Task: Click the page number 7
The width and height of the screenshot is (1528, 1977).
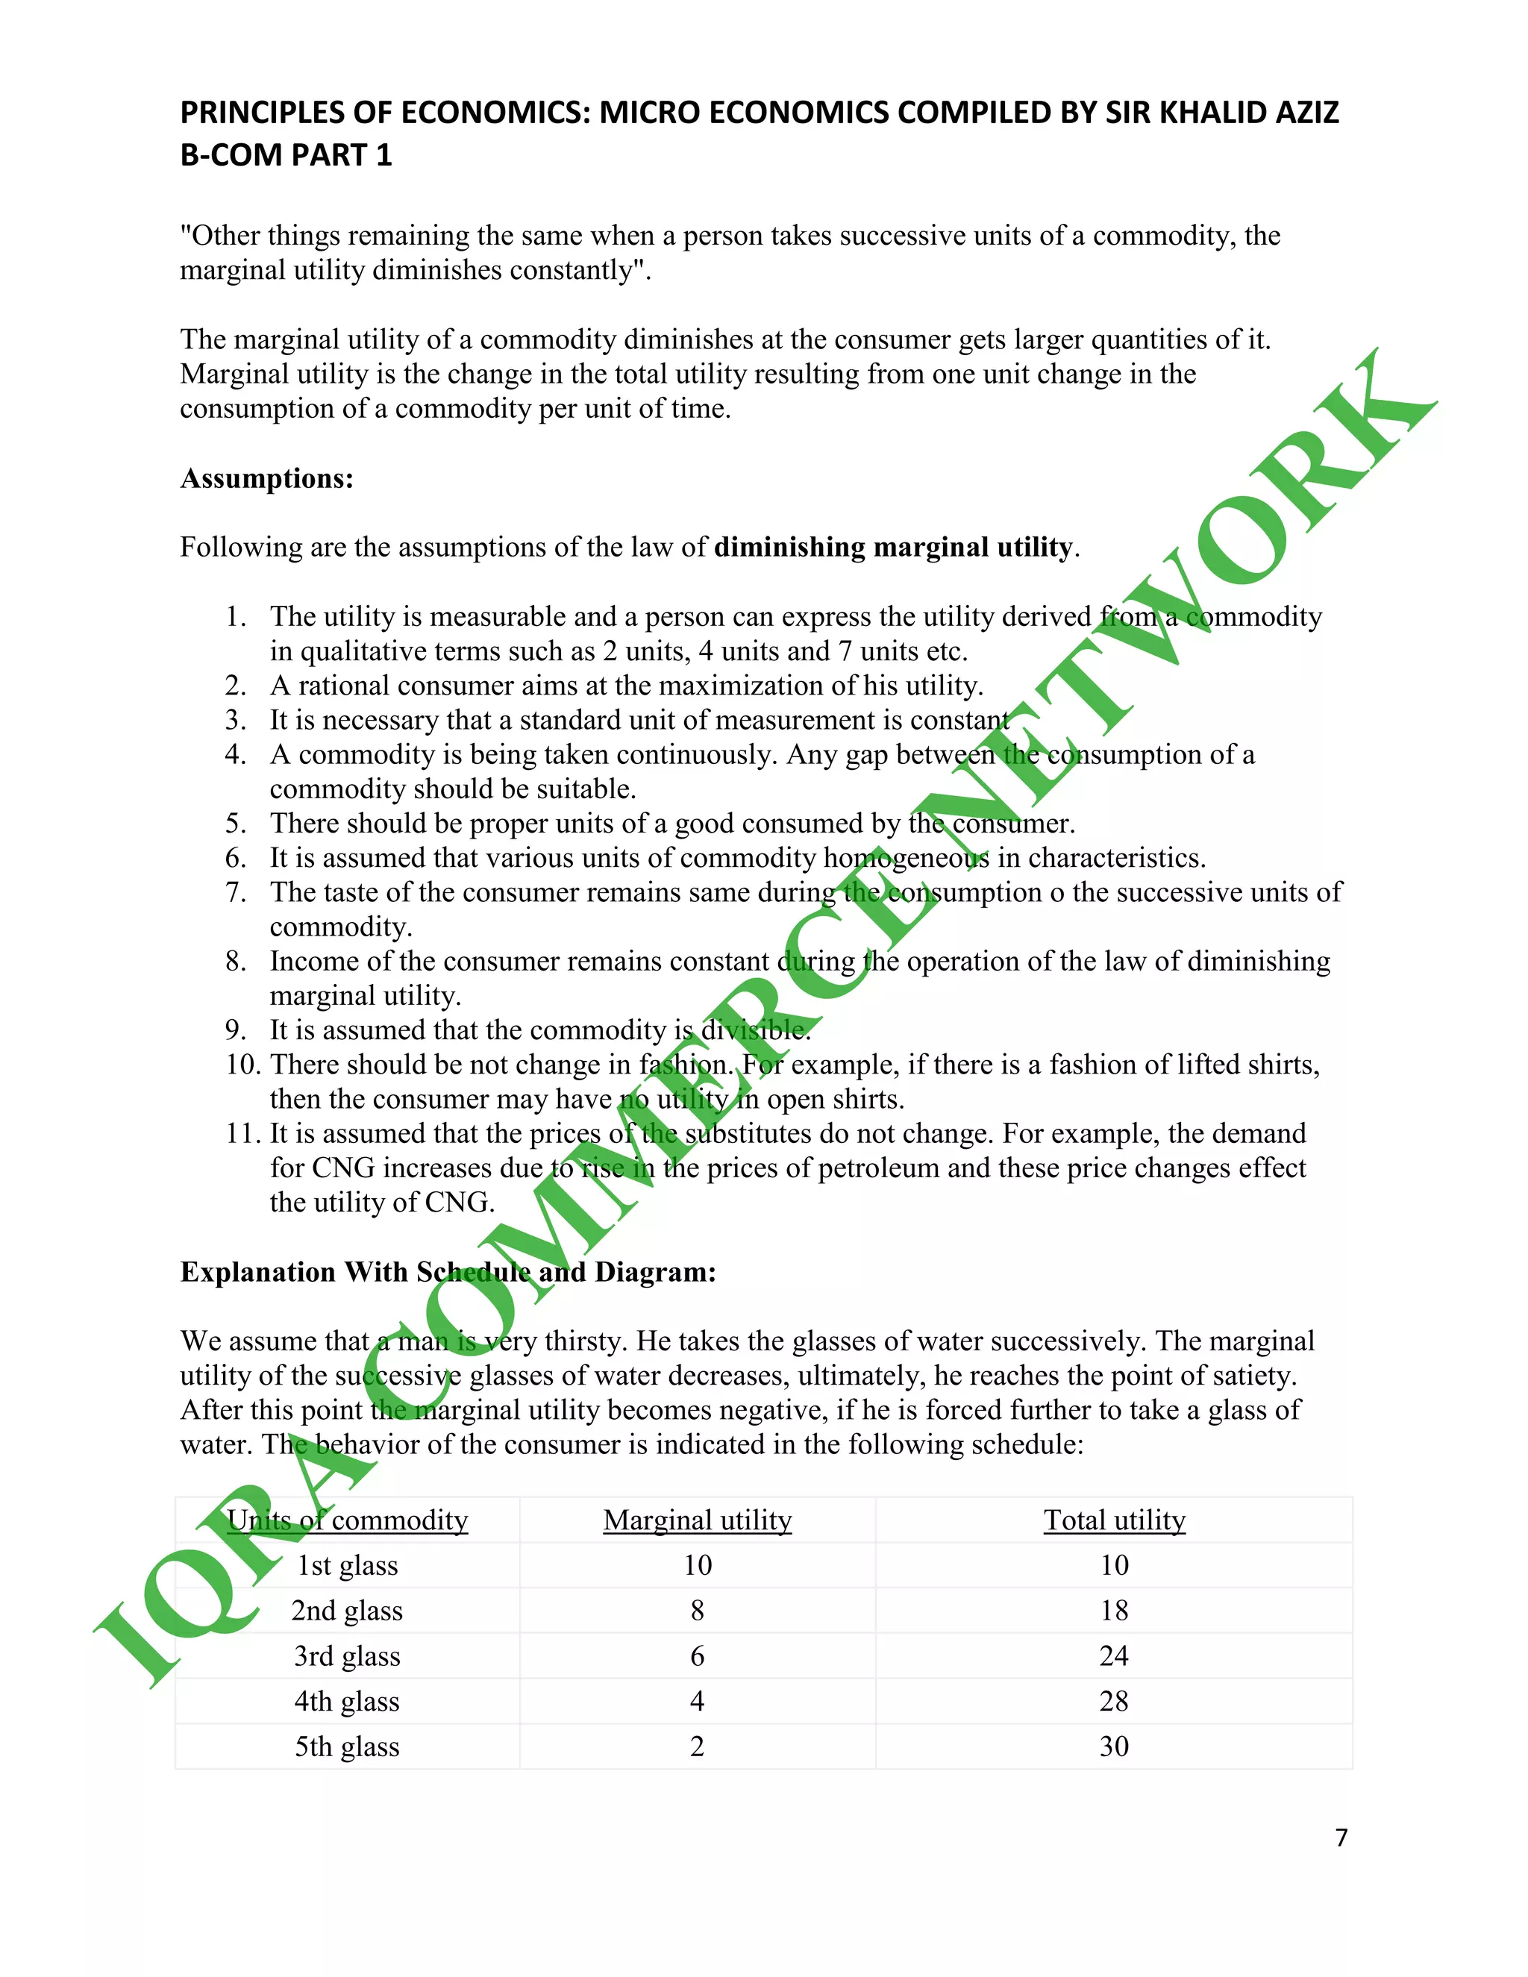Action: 1341,1837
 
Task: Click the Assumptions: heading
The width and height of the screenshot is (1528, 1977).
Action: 267,478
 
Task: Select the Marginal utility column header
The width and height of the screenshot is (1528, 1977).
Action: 697,1520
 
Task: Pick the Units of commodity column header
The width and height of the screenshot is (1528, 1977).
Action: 347,1520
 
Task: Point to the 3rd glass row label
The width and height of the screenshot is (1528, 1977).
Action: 347,1655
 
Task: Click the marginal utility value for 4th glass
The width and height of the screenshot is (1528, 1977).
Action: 697,1701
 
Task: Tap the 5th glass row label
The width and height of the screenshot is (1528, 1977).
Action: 347,1746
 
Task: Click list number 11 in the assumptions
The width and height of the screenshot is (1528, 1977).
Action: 242,1133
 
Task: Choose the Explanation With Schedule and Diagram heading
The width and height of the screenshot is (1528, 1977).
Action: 448,1272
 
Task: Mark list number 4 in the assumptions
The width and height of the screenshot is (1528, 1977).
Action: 235,754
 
